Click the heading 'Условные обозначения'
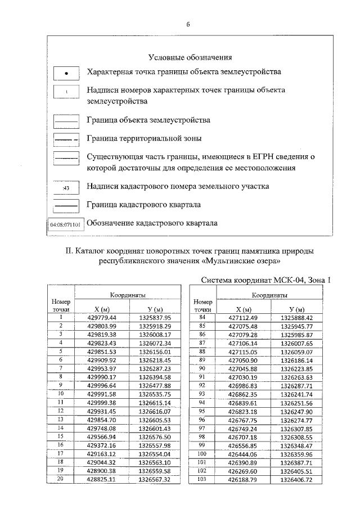pyautogui.click(x=190, y=57)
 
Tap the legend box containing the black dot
pyautogui.click(x=66, y=73)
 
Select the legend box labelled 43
pyautogui.click(x=66, y=187)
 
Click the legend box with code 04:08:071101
pyautogui.click(x=66, y=224)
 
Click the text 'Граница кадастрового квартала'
pyautogui.click(x=143, y=204)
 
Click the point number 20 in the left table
pyautogui.click(x=60, y=479)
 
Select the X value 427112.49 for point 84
pyautogui.click(x=242, y=317)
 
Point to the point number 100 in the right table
pyautogui.click(x=202, y=453)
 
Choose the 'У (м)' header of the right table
pyautogui.click(x=296, y=309)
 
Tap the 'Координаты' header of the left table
pyautogui.click(x=128, y=295)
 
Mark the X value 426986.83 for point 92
pyautogui.click(x=242, y=385)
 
